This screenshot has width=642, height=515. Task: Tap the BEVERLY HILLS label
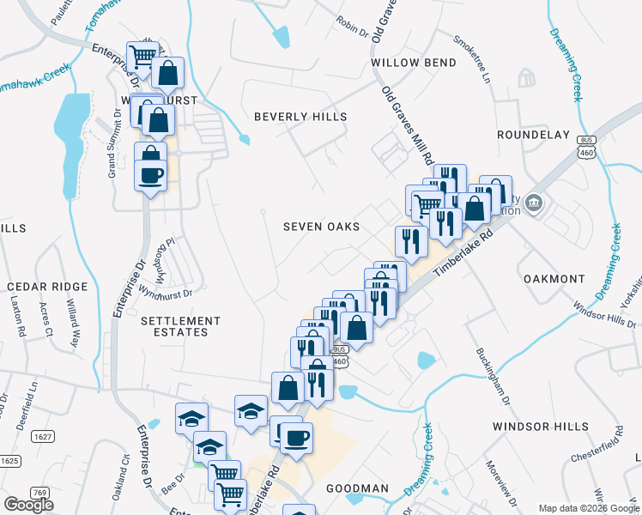(x=300, y=117)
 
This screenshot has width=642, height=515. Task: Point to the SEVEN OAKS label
(x=322, y=227)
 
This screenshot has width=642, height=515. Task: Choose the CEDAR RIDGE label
(x=47, y=286)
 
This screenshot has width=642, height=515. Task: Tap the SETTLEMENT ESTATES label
(x=180, y=326)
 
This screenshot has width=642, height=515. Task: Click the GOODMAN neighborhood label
(x=357, y=488)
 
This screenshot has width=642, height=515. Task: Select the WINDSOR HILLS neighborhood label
(x=541, y=427)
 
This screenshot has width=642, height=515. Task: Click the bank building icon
(x=534, y=203)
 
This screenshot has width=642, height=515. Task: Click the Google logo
(x=28, y=505)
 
